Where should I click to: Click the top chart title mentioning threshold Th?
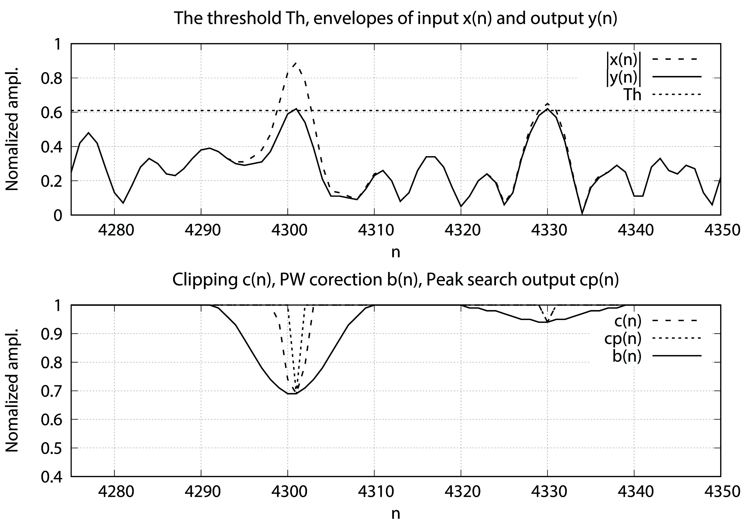[x=395, y=18]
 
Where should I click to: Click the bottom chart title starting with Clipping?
[x=395, y=280]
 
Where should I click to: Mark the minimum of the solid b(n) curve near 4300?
[x=292, y=394]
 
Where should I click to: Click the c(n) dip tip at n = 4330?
[x=548, y=322]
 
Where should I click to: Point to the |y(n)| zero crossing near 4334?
[x=582, y=214]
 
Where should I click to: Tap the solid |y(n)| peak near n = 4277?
[x=88, y=133]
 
